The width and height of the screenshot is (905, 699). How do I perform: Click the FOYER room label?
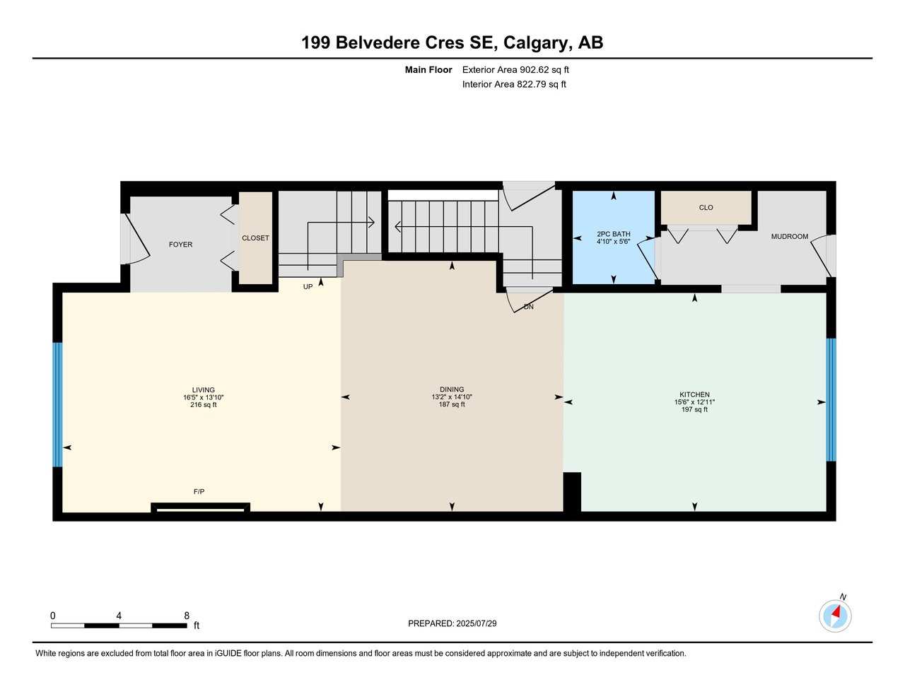pyautogui.click(x=180, y=245)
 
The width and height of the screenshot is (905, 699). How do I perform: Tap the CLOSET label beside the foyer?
pyautogui.click(x=255, y=237)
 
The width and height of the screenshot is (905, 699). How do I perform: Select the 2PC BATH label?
pyautogui.click(x=614, y=234)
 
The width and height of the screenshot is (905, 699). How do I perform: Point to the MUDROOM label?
pyautogui.click(x=789, y=237)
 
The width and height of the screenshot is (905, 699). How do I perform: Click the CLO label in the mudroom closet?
pyautogui.click(x=706, y=207)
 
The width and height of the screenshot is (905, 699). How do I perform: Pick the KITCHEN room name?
pyautogui.click(x=694, y=394)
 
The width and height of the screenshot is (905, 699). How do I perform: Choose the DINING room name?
pyautogui.click(x=452, y=389)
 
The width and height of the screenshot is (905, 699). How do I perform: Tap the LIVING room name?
pyautogui.click(x=203, y=389)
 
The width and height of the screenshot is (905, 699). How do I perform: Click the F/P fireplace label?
pyautogui.click(x=199, y=492)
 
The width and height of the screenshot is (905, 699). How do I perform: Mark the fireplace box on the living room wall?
pyautogui.click(x=200, y=507)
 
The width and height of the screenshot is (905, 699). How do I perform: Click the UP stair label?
pyautogui.click(x=308, y=287)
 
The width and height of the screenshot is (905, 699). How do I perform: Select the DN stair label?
pyautogui.click(x=529, y=307)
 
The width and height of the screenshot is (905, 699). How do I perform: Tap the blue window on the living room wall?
pyautogui.click(x=57, y=404)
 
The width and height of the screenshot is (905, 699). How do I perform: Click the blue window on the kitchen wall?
pyautogui.click(x=831, y=399)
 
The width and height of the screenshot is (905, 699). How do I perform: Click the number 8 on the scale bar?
pyautogui.click(x=187, y=616)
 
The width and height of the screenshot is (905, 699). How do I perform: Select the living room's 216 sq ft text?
pyautogui.click(x=203, y=405)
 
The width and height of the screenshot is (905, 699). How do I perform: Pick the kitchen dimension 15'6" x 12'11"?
pyautogui.click(x=694, y=401)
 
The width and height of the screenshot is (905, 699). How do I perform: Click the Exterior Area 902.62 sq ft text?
pyautogui.click(x=515, y=69)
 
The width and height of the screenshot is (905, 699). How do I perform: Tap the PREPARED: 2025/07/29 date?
pyautogui.click(x=452, y=623)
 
